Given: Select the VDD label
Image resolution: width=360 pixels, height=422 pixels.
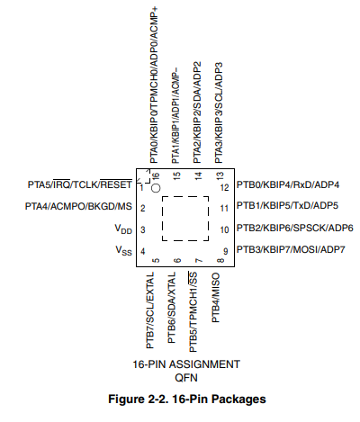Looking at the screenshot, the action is tap(123, 229).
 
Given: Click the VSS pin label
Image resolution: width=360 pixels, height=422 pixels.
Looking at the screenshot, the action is tap(123, 250).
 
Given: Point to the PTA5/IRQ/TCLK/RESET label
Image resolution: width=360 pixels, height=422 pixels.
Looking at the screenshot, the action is tap(80, 184).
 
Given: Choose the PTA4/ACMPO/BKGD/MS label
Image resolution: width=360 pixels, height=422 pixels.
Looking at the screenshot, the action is tap(78, 206).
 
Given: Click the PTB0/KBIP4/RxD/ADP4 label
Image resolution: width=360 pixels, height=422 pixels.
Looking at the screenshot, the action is tap(288, 184).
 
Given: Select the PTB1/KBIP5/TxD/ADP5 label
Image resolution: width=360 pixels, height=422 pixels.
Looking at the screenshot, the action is tap(287, 206).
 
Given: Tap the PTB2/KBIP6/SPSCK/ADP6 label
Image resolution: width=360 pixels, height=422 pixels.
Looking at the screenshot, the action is tap(295, 228).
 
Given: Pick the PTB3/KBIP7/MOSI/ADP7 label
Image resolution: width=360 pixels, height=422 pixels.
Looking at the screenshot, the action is tap(291, 249).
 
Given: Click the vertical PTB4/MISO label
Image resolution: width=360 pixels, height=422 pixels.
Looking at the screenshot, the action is tap(216, 298).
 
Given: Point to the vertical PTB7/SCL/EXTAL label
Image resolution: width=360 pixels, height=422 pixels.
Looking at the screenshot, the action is tap(149, 310).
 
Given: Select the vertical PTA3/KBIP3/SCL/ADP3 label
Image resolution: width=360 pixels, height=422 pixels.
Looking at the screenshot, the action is tap(219, 112).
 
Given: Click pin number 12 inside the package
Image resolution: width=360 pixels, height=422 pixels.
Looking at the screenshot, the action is tap(224, 188).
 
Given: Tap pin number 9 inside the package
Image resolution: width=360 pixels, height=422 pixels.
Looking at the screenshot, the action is tap(225, 251).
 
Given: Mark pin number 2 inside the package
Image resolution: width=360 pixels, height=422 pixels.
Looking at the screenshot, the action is tap(143, 208).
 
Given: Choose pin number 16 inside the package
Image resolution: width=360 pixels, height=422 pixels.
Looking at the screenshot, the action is tap(156, 176).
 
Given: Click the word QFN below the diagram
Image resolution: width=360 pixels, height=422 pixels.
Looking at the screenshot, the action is tap(186, 378).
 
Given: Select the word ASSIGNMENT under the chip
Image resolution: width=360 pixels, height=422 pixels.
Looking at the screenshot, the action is tap(204, 364).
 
